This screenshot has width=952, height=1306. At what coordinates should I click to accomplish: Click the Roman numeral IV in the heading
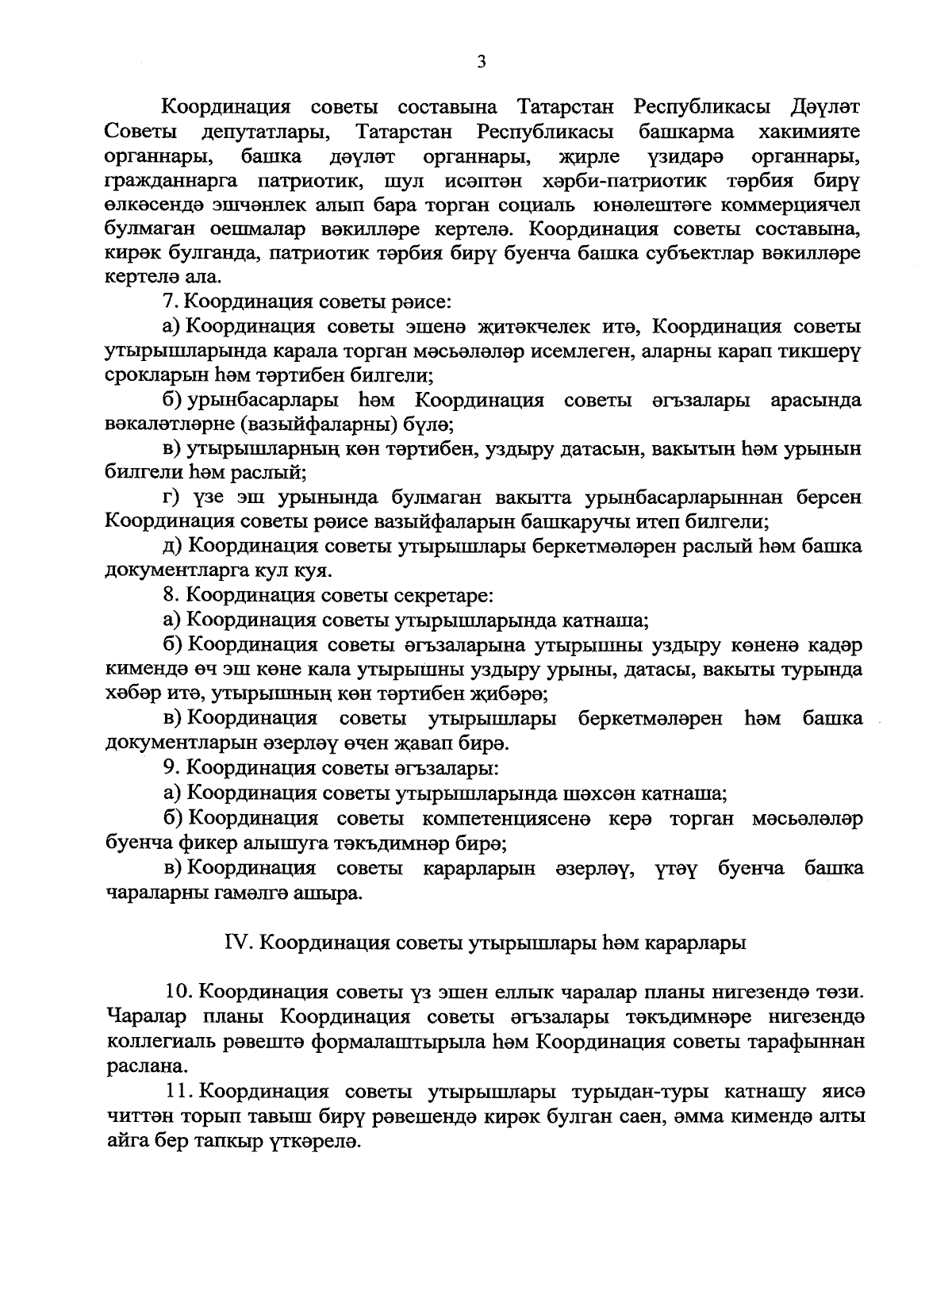pos(236,943)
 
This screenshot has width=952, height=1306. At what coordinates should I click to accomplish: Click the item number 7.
pos(167,302)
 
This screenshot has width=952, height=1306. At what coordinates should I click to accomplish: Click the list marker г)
pos(171,498)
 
